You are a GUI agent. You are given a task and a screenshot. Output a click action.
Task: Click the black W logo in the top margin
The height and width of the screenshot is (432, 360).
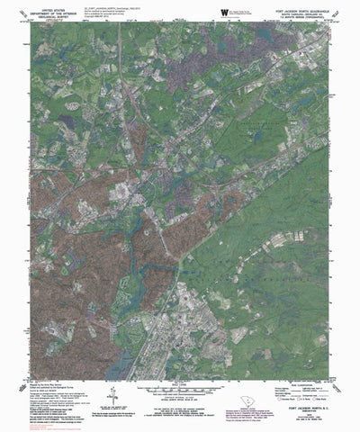(x=222, y=12)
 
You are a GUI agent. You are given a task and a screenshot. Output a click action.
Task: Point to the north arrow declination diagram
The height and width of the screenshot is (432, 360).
(x=111, y=392)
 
